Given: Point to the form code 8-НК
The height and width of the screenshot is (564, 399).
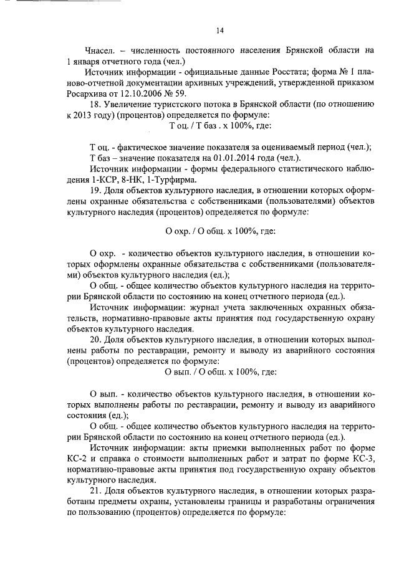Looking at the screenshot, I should coord(127,179).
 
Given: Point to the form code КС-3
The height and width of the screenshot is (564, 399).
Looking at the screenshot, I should coord(359,459).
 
